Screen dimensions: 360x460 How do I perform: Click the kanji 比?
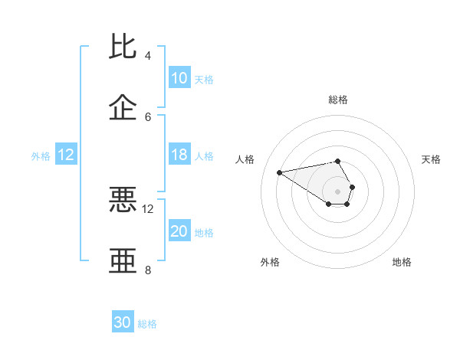click(x=123, y=47)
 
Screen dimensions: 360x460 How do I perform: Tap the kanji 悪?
click(x=123, y=200)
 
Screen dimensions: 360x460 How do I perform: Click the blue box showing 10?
click(x=179, y=78)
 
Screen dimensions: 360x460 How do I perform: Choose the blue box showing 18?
click(x=179, y=155)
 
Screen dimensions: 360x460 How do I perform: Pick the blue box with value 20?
click(x=179, y=231)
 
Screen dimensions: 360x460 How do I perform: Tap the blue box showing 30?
click(x=123, y=322)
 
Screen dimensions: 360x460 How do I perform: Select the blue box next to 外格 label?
click(x=66, y=155)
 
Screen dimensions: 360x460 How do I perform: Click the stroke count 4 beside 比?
click(x=147, y=55)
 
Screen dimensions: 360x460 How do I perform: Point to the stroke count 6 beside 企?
click(x=147, y=116)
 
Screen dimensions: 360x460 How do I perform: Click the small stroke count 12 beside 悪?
click(x=148, y=208)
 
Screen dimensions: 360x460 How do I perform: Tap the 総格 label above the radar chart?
click(x=338, y=100)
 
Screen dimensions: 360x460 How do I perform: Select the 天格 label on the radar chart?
click(x=431, y=159)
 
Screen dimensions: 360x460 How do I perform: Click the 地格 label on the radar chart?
click(x=402, y=262)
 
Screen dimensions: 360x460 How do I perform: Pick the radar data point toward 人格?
click(x=280, y=172)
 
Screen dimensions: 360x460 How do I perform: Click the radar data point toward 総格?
click(x=338, y=161)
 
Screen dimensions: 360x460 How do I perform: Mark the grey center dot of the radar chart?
click(x=338, y=191)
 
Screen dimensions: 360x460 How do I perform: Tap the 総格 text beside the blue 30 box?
click(x=147, y=324)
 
